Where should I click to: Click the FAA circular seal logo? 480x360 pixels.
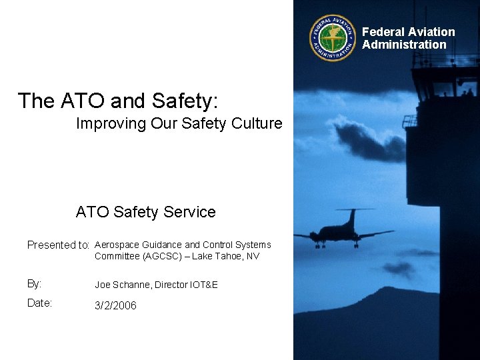pyautogui.click(x=333, y=38)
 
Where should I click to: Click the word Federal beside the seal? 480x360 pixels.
pyautogui.click(x=383, y=32)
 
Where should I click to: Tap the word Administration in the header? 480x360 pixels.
pyautogui.click(x=404, y=45)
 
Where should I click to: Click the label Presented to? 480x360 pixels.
pyautogui.click(x=59, y=245)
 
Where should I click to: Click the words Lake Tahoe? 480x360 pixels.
pyautogui.click(x=218, y=256)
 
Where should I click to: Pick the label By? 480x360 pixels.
pyautogui.click(x=34, y=283)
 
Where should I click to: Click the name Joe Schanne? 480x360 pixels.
pyautogui.click(x=123, y=285)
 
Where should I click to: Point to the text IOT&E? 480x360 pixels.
pyautogui.click(x=204, y=285)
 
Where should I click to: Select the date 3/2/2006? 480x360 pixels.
pyautogui.click(x=115, y=305)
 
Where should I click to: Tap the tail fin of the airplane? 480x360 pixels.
pyautogui.click(x=351, y=217)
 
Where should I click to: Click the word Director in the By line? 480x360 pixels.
pyautogui.click(x=171, y=285)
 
